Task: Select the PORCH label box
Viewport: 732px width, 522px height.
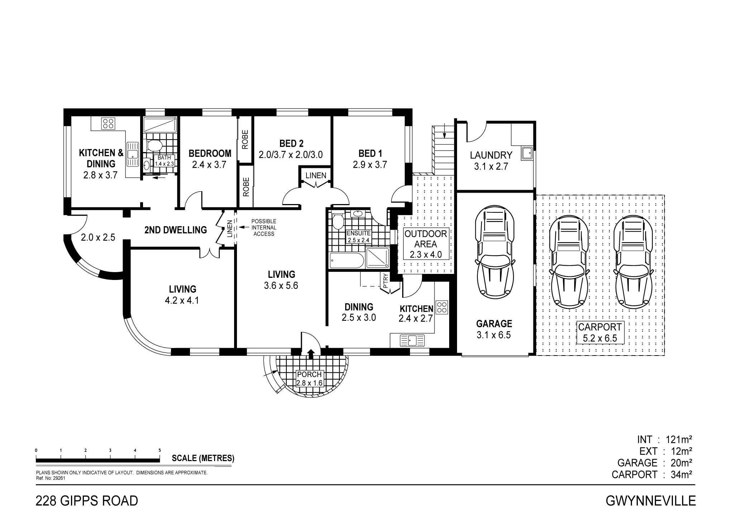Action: (310, 378)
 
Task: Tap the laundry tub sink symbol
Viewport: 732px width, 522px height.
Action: (527, 153)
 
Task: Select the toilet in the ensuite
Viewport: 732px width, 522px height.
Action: (338, 221)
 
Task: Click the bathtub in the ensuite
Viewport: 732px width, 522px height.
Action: (346, 260)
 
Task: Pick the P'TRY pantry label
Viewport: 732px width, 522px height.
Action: (386, 281)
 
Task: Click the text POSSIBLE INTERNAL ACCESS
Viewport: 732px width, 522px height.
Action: (264, 228)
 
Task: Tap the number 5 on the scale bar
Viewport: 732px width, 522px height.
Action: (160, 450)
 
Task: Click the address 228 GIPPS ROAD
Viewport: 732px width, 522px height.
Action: (87, 501)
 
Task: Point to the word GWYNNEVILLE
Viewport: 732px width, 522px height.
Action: (651, 501)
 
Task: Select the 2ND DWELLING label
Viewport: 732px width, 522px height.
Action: (176, 230)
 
